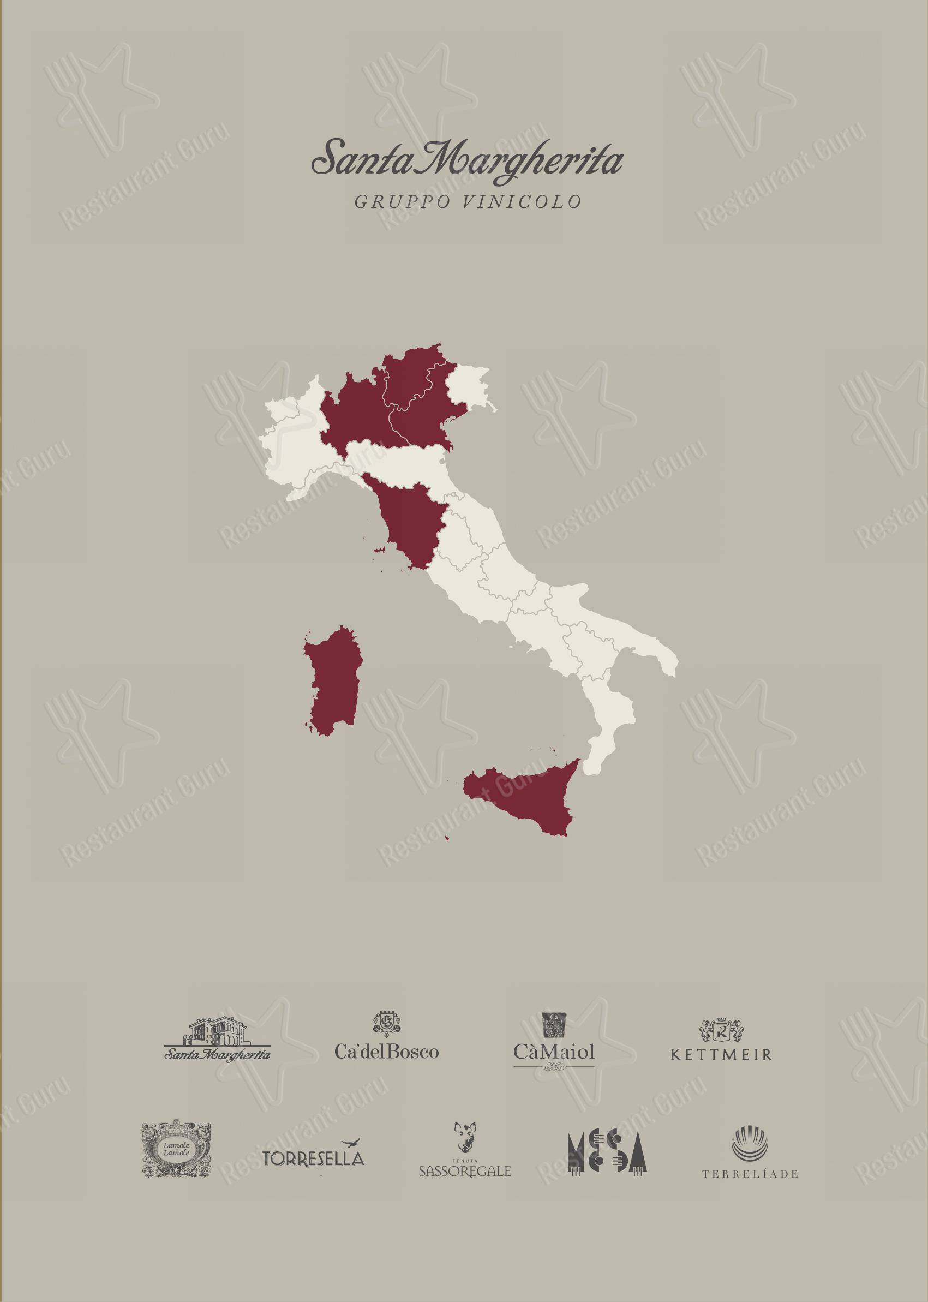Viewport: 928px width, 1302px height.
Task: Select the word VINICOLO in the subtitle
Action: coord(522,202)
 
